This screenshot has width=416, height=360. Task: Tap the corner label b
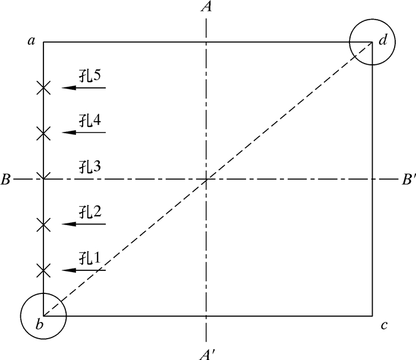pyautogui.click(x=39, y=325)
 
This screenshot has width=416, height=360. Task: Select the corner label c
pyautogui.click(x=385, y=325)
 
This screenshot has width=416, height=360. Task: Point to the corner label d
pyautogui.click(x=383, y=40)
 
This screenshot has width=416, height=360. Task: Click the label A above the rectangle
pyautogui.click(x=206, y=7)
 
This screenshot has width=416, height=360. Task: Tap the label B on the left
pyautogui.click(x=6, y=179)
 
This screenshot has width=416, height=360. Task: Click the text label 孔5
pyautogui.click(x=90, y=75)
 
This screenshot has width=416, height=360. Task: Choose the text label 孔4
pyautogui.click(x=90, y=121)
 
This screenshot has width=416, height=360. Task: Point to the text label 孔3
pyautogui.click(x=90, y=167)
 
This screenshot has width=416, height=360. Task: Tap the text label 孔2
pyautogui.click(x=90, y=212)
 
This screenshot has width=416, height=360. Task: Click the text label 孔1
pyautogui.click(x=90, y=258)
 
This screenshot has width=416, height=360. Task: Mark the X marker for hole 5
pyautogui.click(x=43, y=88)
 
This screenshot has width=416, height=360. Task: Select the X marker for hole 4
pyautogui.click(x=43, y=133)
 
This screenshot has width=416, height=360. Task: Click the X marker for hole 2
pyautogui.click(x=43, y=225)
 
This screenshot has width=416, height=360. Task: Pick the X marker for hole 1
pyautogui.click(x=43, y=270)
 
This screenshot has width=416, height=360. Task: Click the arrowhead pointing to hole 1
pyautogui.click(x=67, y=270)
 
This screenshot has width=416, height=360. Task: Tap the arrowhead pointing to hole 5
pyautogui.click(x=67, y=88)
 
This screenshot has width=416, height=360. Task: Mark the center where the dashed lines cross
pyautogui.click(x=206, y=179)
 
